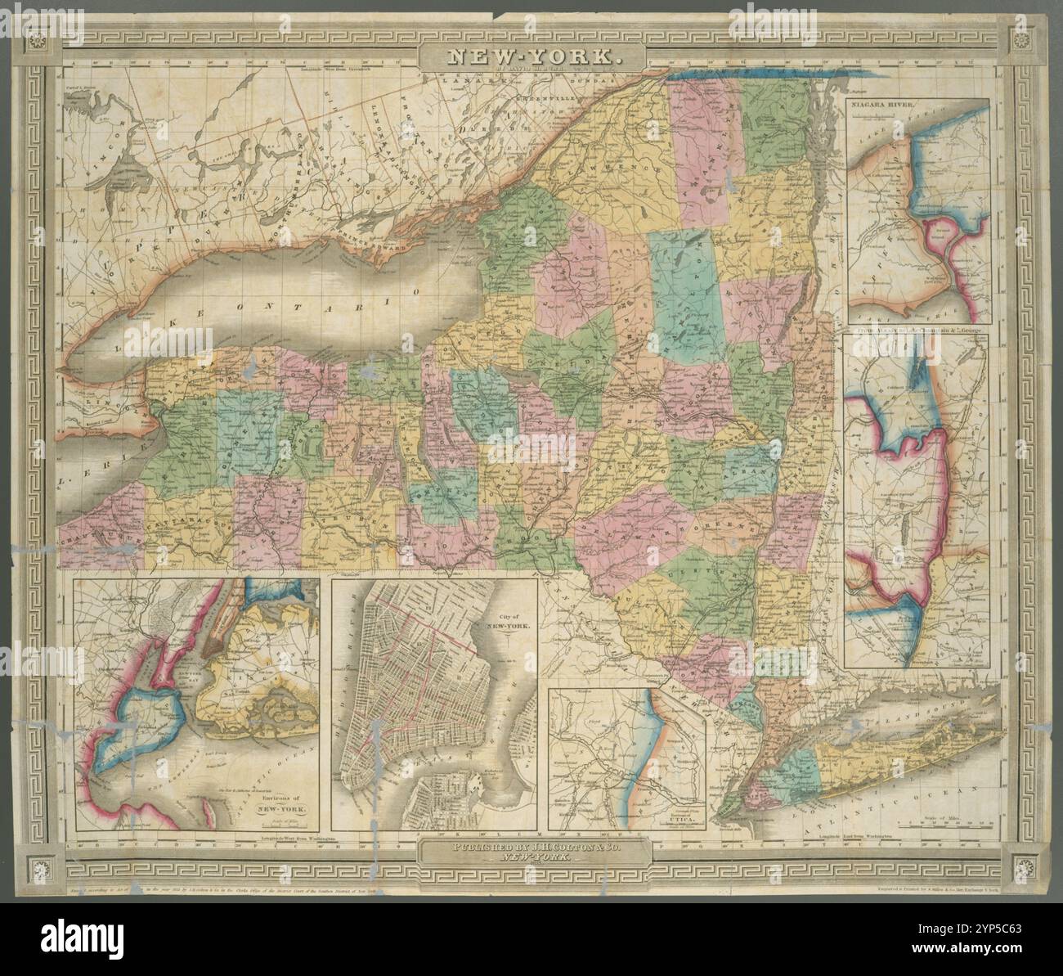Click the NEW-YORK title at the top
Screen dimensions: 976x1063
(532, 58)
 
